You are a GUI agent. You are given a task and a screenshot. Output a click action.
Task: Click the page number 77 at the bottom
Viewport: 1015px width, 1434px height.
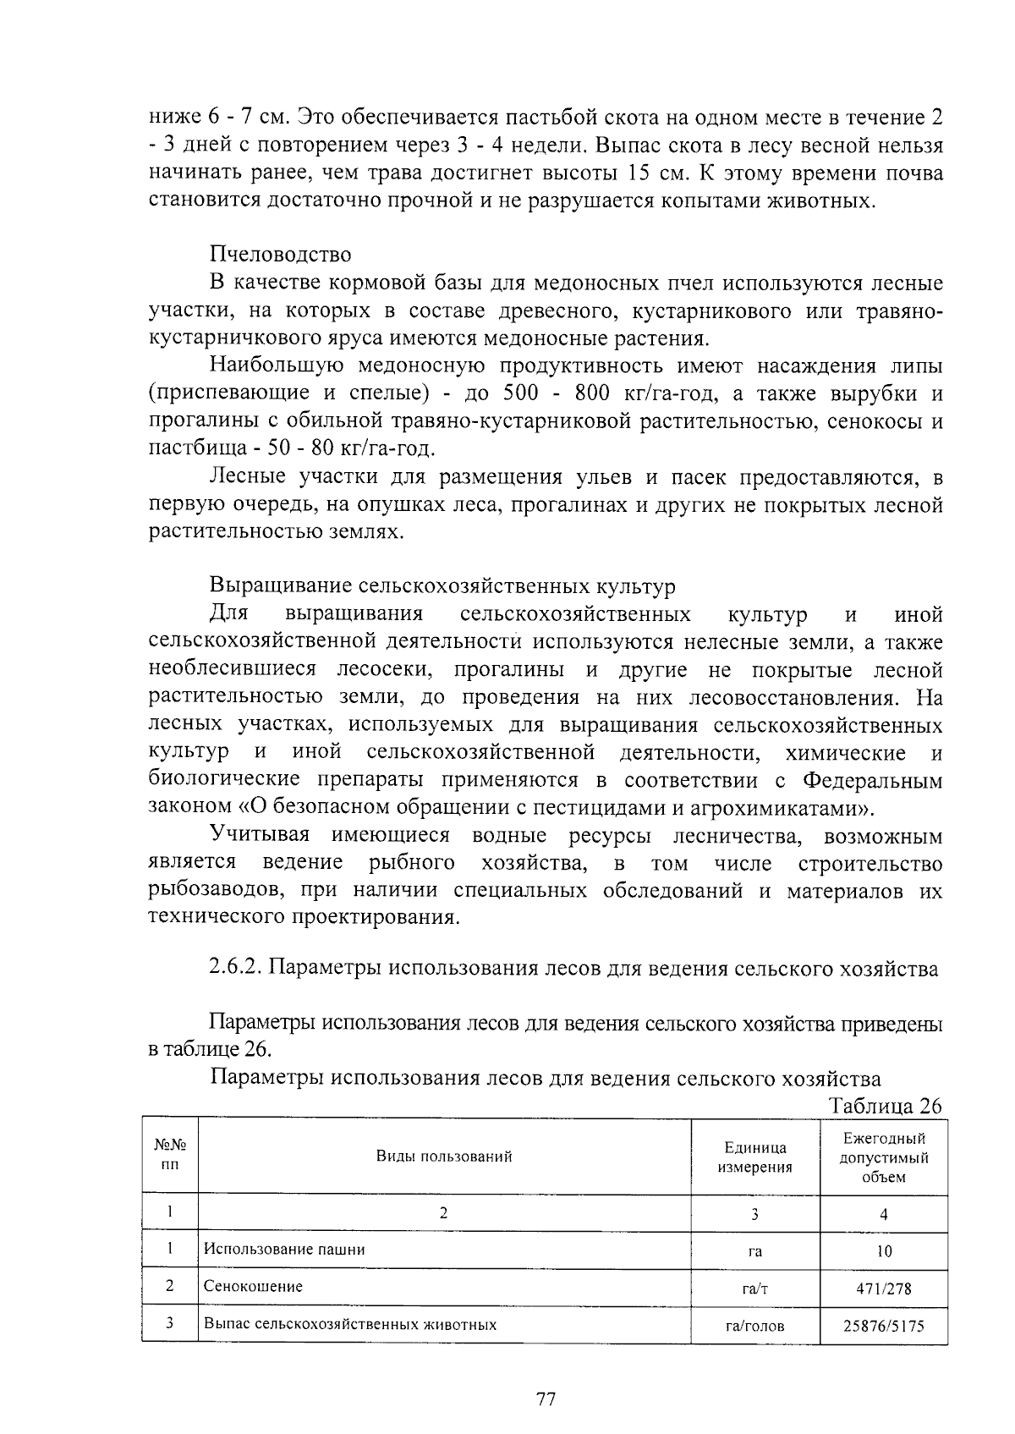click(546, 1399)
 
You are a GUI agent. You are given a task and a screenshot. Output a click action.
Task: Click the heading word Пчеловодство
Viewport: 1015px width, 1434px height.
click(280, 254)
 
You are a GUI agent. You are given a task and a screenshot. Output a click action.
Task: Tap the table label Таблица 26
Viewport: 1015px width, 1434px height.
click(886, 1106)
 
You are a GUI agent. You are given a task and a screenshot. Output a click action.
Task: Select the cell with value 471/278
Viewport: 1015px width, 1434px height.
click(884, 1289)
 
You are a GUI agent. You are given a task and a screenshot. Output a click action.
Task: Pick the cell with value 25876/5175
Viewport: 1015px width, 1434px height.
click(884, 1326)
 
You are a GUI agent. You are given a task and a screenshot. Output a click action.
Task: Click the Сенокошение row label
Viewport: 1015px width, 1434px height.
click(253, 1286)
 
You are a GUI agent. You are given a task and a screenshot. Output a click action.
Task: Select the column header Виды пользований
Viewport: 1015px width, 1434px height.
click(444, 1157)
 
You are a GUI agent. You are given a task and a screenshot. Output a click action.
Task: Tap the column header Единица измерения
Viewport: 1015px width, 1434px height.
click(754, 1157)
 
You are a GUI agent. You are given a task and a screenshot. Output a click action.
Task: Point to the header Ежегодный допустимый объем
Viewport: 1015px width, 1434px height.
click(884, 1157)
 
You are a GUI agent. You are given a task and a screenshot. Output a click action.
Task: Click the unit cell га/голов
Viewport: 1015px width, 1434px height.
click(754, 1326)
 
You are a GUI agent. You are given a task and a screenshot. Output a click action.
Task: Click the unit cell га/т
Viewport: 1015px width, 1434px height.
click(754, 1289)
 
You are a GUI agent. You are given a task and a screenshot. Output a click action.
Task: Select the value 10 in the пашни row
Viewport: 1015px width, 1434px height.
click(884, 1251)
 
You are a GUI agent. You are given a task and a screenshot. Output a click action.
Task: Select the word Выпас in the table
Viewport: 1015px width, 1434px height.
click(228, 1323)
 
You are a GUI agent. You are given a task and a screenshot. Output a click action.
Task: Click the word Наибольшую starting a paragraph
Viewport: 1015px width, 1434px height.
click(276, 366)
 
